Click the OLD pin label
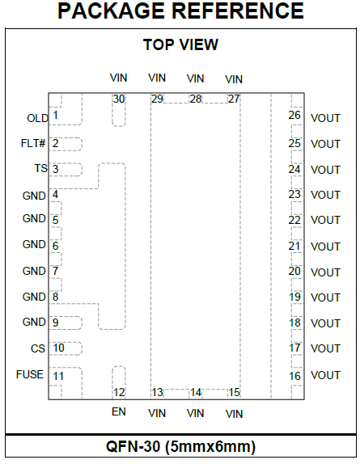click(x=37, y=118)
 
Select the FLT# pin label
click(x=33, y=144)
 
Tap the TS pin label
click(x=41, y=169)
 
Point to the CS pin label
click(x=38, y=348)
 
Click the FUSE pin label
click(x=30, y=374)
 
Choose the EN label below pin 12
click(x=119, y=412)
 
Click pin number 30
click(x=119, y=99)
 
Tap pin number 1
click(x=55, y=115)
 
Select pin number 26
click(x=294, y=115)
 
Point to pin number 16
click(x=294, y=376)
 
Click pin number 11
click(x=58, y=376)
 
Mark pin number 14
click(x=196, y=393)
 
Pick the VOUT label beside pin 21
click(x=325, y=247)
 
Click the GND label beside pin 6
click(x=34, y=244)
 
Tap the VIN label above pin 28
click(x=196, y=78)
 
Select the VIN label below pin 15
click(x=234, y=414)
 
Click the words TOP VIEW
click(x=180, y=44)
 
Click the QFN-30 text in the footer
click(x=133, y=446)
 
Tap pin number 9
click(x=55, y=323)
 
